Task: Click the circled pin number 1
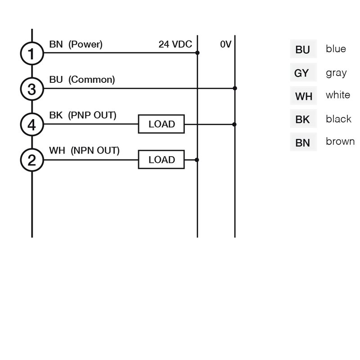32,53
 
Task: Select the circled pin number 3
32,89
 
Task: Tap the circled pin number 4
32,125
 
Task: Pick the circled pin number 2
32,160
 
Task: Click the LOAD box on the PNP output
161,124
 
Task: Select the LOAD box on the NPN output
161,160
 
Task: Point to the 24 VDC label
175,44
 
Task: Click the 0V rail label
226,44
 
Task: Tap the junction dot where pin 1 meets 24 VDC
197,53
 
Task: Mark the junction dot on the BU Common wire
234,88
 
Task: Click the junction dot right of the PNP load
234,125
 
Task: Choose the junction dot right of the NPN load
197,160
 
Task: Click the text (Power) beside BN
85,44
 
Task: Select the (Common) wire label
92,80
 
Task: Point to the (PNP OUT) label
92,115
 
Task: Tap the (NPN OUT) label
95,151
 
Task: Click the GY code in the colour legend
301,73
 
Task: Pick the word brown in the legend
340,141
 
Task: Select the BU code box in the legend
303,49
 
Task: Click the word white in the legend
338,95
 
